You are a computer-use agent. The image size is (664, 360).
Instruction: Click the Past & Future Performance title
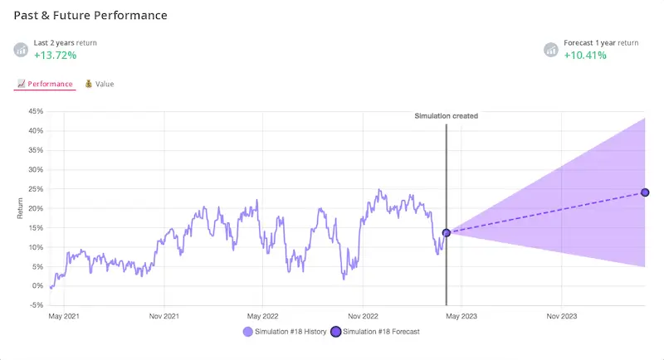click(x=90, y=16)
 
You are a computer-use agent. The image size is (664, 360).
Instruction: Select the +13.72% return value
click(x=55, y=56)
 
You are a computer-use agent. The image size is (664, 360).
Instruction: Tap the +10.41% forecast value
click(x=585, y=56)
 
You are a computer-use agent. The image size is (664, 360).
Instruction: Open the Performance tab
click(x=46, y=84)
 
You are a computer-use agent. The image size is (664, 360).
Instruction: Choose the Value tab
click(x=100, y=84)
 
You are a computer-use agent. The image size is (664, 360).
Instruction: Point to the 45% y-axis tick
click(x=36, y=111)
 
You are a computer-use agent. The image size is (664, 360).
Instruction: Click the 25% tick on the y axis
click(x=36, y=189)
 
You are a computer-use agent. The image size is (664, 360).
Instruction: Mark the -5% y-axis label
click(x=37, y=305)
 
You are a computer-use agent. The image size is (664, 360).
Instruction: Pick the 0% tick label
click(x=38, y=286)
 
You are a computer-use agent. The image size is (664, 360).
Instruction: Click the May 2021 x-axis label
click(x=65, y=316)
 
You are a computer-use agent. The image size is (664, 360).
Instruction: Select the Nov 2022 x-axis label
click(x=363, y=316)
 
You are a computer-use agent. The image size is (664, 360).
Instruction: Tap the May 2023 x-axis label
click(x=461, y=316)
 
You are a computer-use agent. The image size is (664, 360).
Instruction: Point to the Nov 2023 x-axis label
click(x=562, y=316)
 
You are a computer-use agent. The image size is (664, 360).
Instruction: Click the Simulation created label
click(x=446, y=116)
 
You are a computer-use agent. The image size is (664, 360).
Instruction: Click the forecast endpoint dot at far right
click(x=645, y=192)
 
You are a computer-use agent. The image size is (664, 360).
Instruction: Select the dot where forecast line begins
click(x=447, y=233)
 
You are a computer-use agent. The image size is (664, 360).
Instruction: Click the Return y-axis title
click(x=21, y=208)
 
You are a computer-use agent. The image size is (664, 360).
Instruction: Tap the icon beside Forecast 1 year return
click(x=550, y=50)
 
